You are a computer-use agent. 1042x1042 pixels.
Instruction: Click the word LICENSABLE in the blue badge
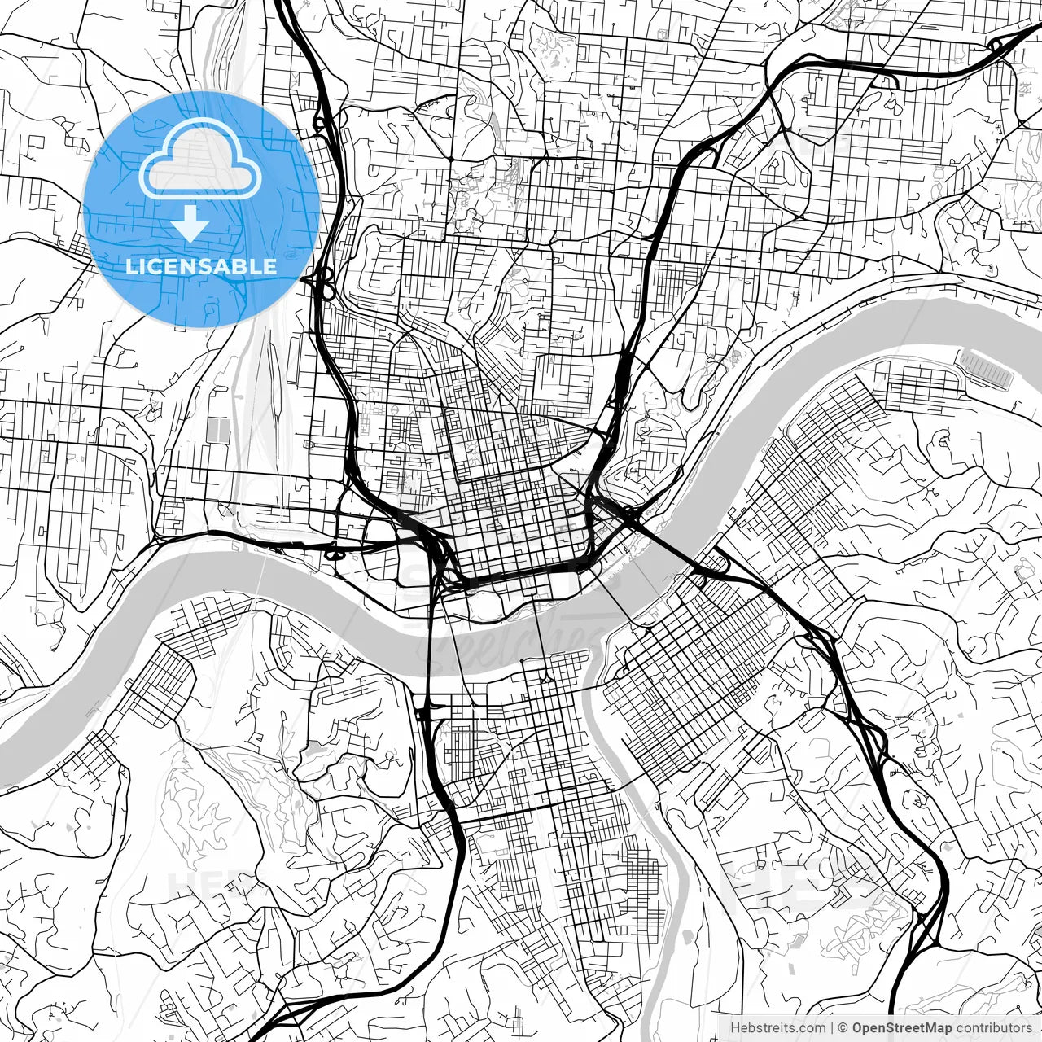[x=200, y=266]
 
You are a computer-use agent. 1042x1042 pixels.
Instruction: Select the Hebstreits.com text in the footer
[x=777, y=1027]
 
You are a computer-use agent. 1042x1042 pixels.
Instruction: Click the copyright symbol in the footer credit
[x=843, y=1027]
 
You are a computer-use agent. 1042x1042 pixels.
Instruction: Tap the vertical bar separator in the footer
[x=831, y=1027]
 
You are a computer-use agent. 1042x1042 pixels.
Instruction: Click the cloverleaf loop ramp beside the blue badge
[x=324, y=287]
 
